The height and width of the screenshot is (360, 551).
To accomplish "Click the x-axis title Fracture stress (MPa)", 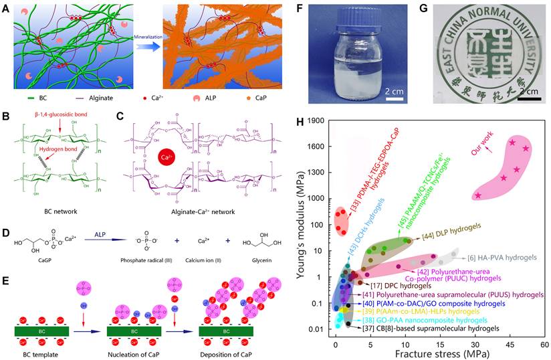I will pos(440,354).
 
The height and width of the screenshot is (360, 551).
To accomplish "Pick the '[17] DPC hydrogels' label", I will pos(399,285).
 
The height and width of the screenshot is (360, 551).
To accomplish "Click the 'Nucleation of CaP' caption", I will pos(134,351).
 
